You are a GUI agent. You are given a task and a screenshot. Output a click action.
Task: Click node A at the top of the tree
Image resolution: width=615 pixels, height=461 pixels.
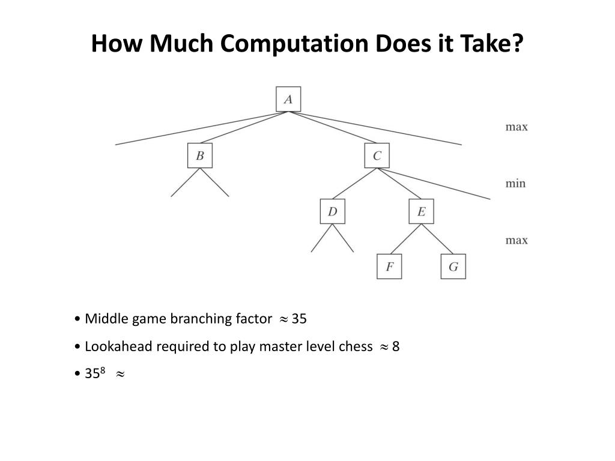pos(288,99)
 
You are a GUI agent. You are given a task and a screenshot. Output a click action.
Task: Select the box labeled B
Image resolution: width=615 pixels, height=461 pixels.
pos(200,156)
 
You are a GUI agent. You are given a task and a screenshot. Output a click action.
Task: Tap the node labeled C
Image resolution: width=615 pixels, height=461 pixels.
pos(377,156)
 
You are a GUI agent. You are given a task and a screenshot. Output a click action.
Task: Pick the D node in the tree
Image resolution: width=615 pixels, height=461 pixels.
pos(332,211)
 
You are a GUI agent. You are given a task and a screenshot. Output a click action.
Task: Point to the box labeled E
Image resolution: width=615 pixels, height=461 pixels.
pos(421,211)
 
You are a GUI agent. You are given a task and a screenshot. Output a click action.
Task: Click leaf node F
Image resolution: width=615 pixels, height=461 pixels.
pos(389,267)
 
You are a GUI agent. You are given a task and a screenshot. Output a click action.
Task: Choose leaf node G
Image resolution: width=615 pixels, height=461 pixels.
pos(453,267)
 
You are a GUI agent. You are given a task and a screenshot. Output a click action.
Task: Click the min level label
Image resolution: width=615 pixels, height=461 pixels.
pos(515,183)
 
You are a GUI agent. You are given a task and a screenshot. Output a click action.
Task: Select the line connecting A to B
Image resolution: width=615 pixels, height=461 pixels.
pos(244,128)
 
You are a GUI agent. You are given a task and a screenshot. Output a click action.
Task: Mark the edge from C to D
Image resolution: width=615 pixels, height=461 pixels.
pos(354,184)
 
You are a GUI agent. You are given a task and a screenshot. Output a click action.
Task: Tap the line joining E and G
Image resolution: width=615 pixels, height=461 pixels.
pos(437,239)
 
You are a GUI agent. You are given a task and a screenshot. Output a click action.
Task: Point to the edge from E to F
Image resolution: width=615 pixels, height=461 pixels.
pos(405,239)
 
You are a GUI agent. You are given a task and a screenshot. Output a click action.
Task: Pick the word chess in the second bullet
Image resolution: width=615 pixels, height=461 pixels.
pos(356,347)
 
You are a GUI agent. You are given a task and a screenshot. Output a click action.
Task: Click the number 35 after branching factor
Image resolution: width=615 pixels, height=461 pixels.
pos(299,319)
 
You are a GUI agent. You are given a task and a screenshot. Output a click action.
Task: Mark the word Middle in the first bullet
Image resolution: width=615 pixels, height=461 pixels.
pos(106,319)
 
